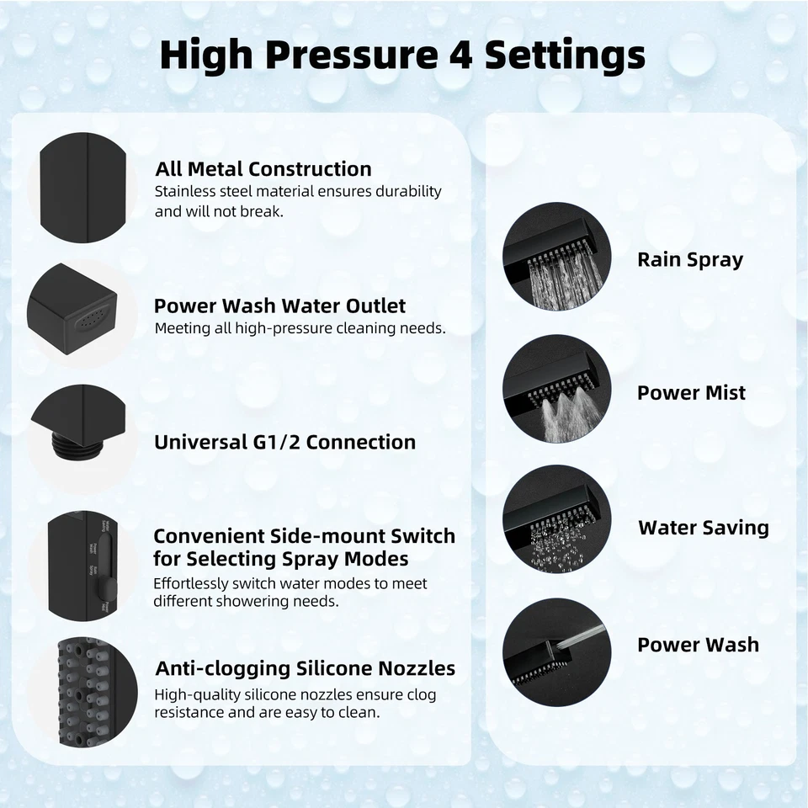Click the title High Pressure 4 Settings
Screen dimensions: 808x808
pyautogui.click(x=402, y=55)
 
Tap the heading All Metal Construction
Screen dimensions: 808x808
pyautogui.click(x=263, y=169)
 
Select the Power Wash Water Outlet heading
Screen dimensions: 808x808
pyautogui.click(x=279, y=306)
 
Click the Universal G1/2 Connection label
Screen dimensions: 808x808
pyautogui.click(x=284, y=442)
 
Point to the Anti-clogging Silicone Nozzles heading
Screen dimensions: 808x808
pyautogui.click(x=305, y=668)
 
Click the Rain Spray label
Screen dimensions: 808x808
pyautogui.click(x=690, y=259)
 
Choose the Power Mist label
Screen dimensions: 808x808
pyautogui.click(x=691, y=392)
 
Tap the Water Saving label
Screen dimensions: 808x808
pyautogui.click(x=703, y=528)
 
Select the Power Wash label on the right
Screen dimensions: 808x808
pyautogui.click(x=698, y=645)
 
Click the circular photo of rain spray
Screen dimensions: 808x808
pyautogui.click(x=556, y=258)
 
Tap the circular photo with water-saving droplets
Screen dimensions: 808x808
pyautogui.click(x=556, y=518)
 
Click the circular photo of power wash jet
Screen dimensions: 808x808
pyautogui.click(x=556, y=651)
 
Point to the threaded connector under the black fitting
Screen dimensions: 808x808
pyautogui.click(x=79, y=445)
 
